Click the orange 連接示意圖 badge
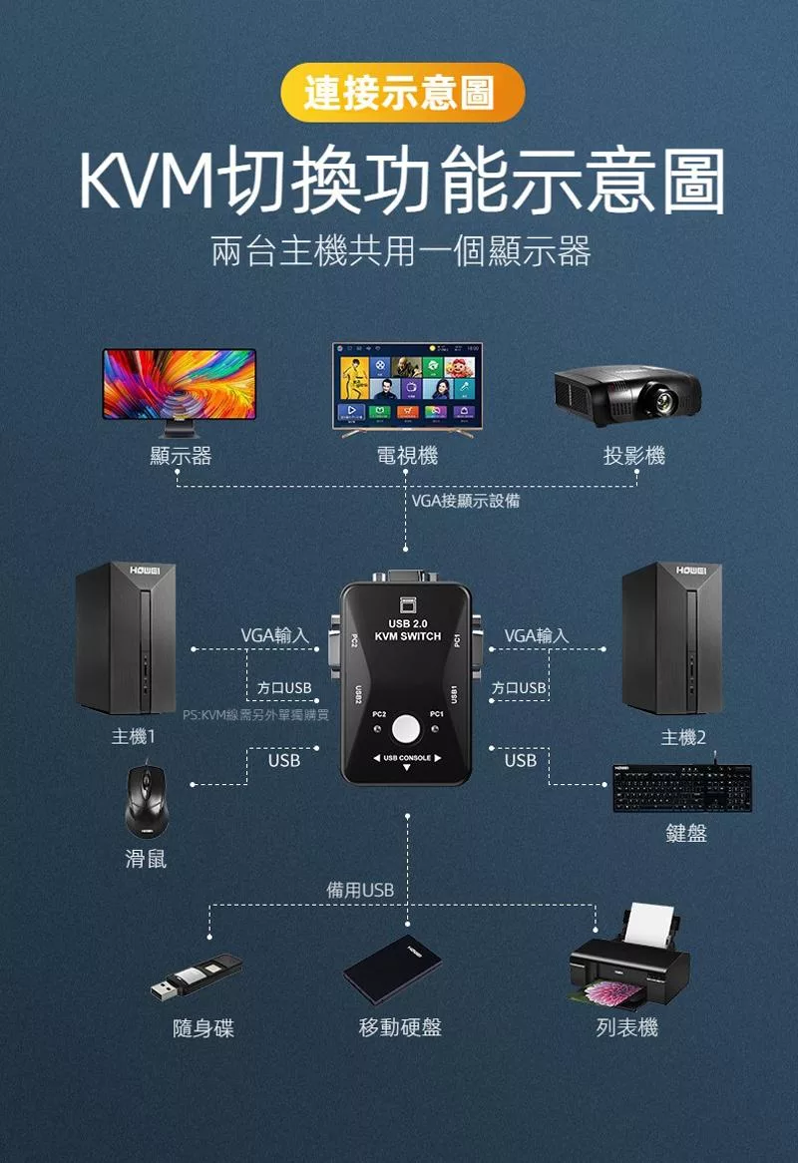[x=399, y=93]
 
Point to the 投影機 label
[x=634, y=456]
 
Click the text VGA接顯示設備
[x=466, y=501]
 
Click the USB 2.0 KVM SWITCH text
[x=406, y=629]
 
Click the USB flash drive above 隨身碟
[x=197, y=976]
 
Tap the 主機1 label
[x=134, y=737]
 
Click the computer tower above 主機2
[x=669, y=637]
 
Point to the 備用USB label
[x=361, y=890]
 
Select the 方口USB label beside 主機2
[x=520, y=688]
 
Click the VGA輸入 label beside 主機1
[x=274, y=635]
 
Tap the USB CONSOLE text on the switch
[x=406, y=758]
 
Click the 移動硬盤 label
[x=400, y=1027]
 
